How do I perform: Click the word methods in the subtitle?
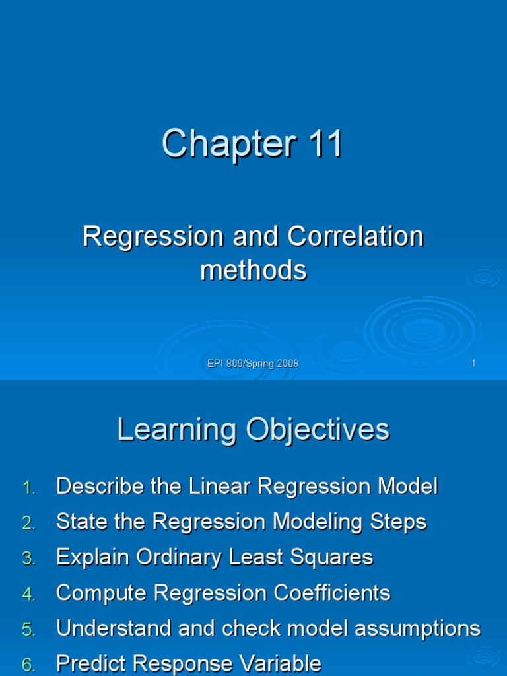click(x=253, y=270)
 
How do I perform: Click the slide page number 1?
click(x=473, y=364)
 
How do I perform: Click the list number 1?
click(x=28, y=488)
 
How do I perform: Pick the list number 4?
click(x=28, y=594)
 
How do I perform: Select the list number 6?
click(x=28, y=665)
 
